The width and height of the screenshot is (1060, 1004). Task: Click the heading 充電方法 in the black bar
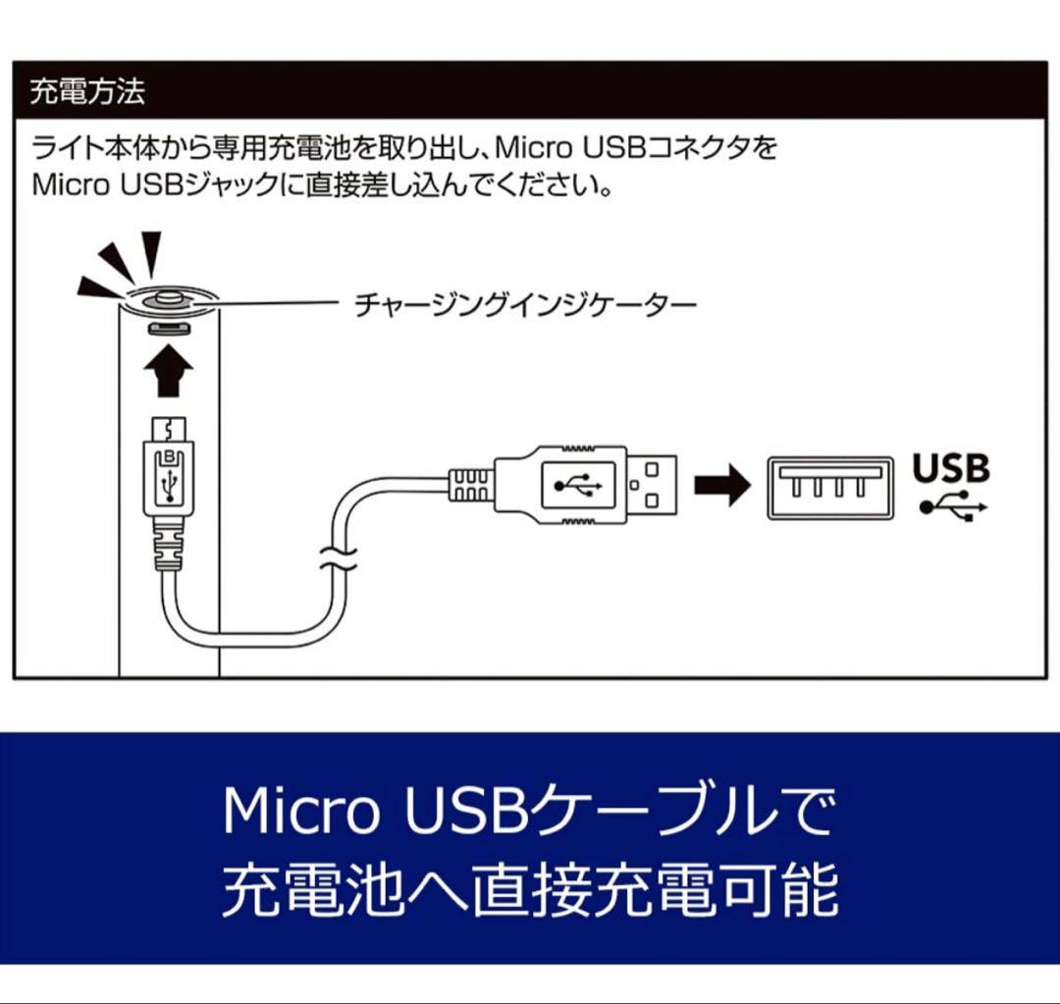click(87, 93)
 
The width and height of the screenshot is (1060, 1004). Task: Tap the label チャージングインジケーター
click(525, 305)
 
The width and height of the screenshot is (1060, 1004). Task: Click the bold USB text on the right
click(951, 468)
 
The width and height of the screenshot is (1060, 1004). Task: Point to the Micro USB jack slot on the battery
click(169, 329)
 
